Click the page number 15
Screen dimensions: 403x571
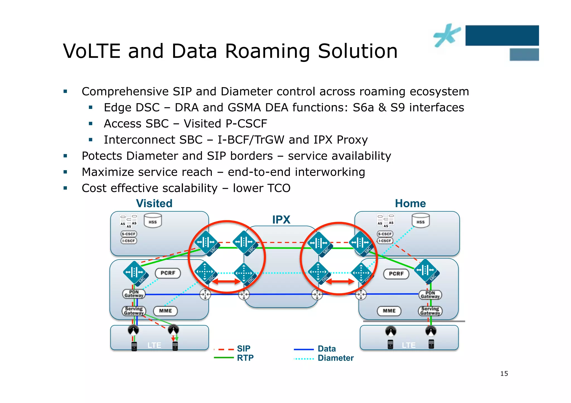(x=504, y=373)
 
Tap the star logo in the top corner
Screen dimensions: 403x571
(x=446, y=35)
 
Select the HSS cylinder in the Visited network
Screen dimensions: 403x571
(x=153, y=221)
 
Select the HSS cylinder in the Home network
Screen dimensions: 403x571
(x=420, y=221)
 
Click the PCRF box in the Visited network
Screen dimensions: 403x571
(x=168, y=273)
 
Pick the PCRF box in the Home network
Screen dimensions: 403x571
(x=396, y=274)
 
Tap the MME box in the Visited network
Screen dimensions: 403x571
(x=165, y=311)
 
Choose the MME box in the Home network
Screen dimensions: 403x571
(x=389, y=311)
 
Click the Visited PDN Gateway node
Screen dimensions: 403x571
(x=134, y=294)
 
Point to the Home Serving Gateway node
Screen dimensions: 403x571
(x=430, y=311)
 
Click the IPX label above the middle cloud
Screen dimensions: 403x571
(x=281, y=220)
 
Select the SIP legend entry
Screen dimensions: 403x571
(x=243, y=349)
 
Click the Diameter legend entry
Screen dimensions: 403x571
(x=335, y=358)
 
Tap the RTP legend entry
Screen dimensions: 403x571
(x=245, y=358)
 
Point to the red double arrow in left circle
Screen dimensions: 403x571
(x=226, y=282)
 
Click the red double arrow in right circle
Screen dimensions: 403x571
(x=340, y=282)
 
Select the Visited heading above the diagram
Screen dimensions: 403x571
(x=154, y=204)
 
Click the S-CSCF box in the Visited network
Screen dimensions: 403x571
(x=129, y=234)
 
